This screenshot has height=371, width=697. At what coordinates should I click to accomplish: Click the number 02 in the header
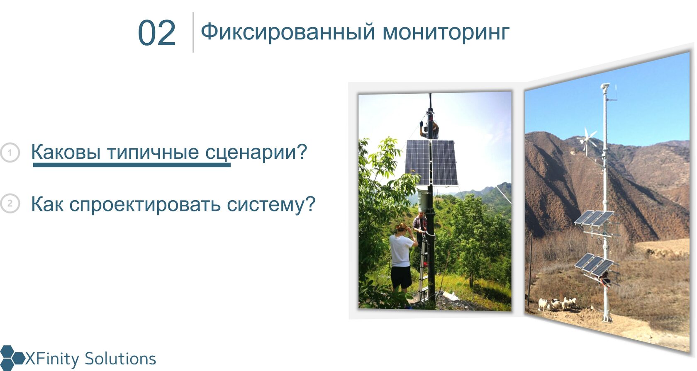157,33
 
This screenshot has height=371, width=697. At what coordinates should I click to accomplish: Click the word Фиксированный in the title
288,32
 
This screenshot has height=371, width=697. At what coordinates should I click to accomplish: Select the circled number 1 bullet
10,153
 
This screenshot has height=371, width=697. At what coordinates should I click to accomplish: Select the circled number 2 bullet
10,204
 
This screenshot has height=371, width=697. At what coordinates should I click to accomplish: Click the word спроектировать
145,205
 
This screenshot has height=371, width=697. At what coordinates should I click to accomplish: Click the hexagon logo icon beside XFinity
11,358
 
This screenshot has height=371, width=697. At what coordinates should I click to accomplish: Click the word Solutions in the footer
120,359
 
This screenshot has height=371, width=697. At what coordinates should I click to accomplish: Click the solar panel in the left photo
431,162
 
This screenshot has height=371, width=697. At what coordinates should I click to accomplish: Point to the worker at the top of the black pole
429,129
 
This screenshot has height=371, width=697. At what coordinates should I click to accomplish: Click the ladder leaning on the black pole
424,267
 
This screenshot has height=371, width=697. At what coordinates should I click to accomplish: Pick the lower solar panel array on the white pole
594,264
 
